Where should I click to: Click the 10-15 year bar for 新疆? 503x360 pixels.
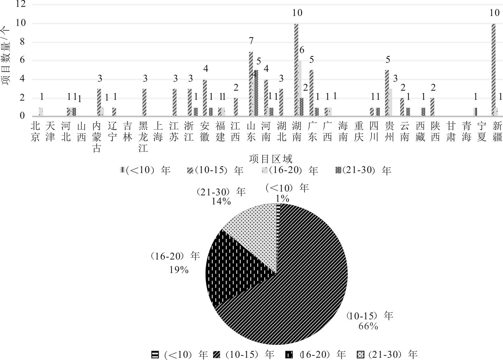click(493, 70)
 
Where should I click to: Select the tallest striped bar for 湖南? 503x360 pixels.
click(296, 70)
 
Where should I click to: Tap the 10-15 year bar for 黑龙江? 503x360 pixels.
click(144, 102)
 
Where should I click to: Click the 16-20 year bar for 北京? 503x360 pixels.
click(41, 111)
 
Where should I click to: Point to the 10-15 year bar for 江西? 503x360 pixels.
click(236, 107)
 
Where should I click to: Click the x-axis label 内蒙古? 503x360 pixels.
click(97, 137)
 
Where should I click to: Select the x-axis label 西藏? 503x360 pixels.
click(420, 131)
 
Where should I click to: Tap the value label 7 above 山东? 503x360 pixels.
click(251, 41)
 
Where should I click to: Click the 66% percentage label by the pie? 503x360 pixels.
click(368, 326)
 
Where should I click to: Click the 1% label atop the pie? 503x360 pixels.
click(282, 199)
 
